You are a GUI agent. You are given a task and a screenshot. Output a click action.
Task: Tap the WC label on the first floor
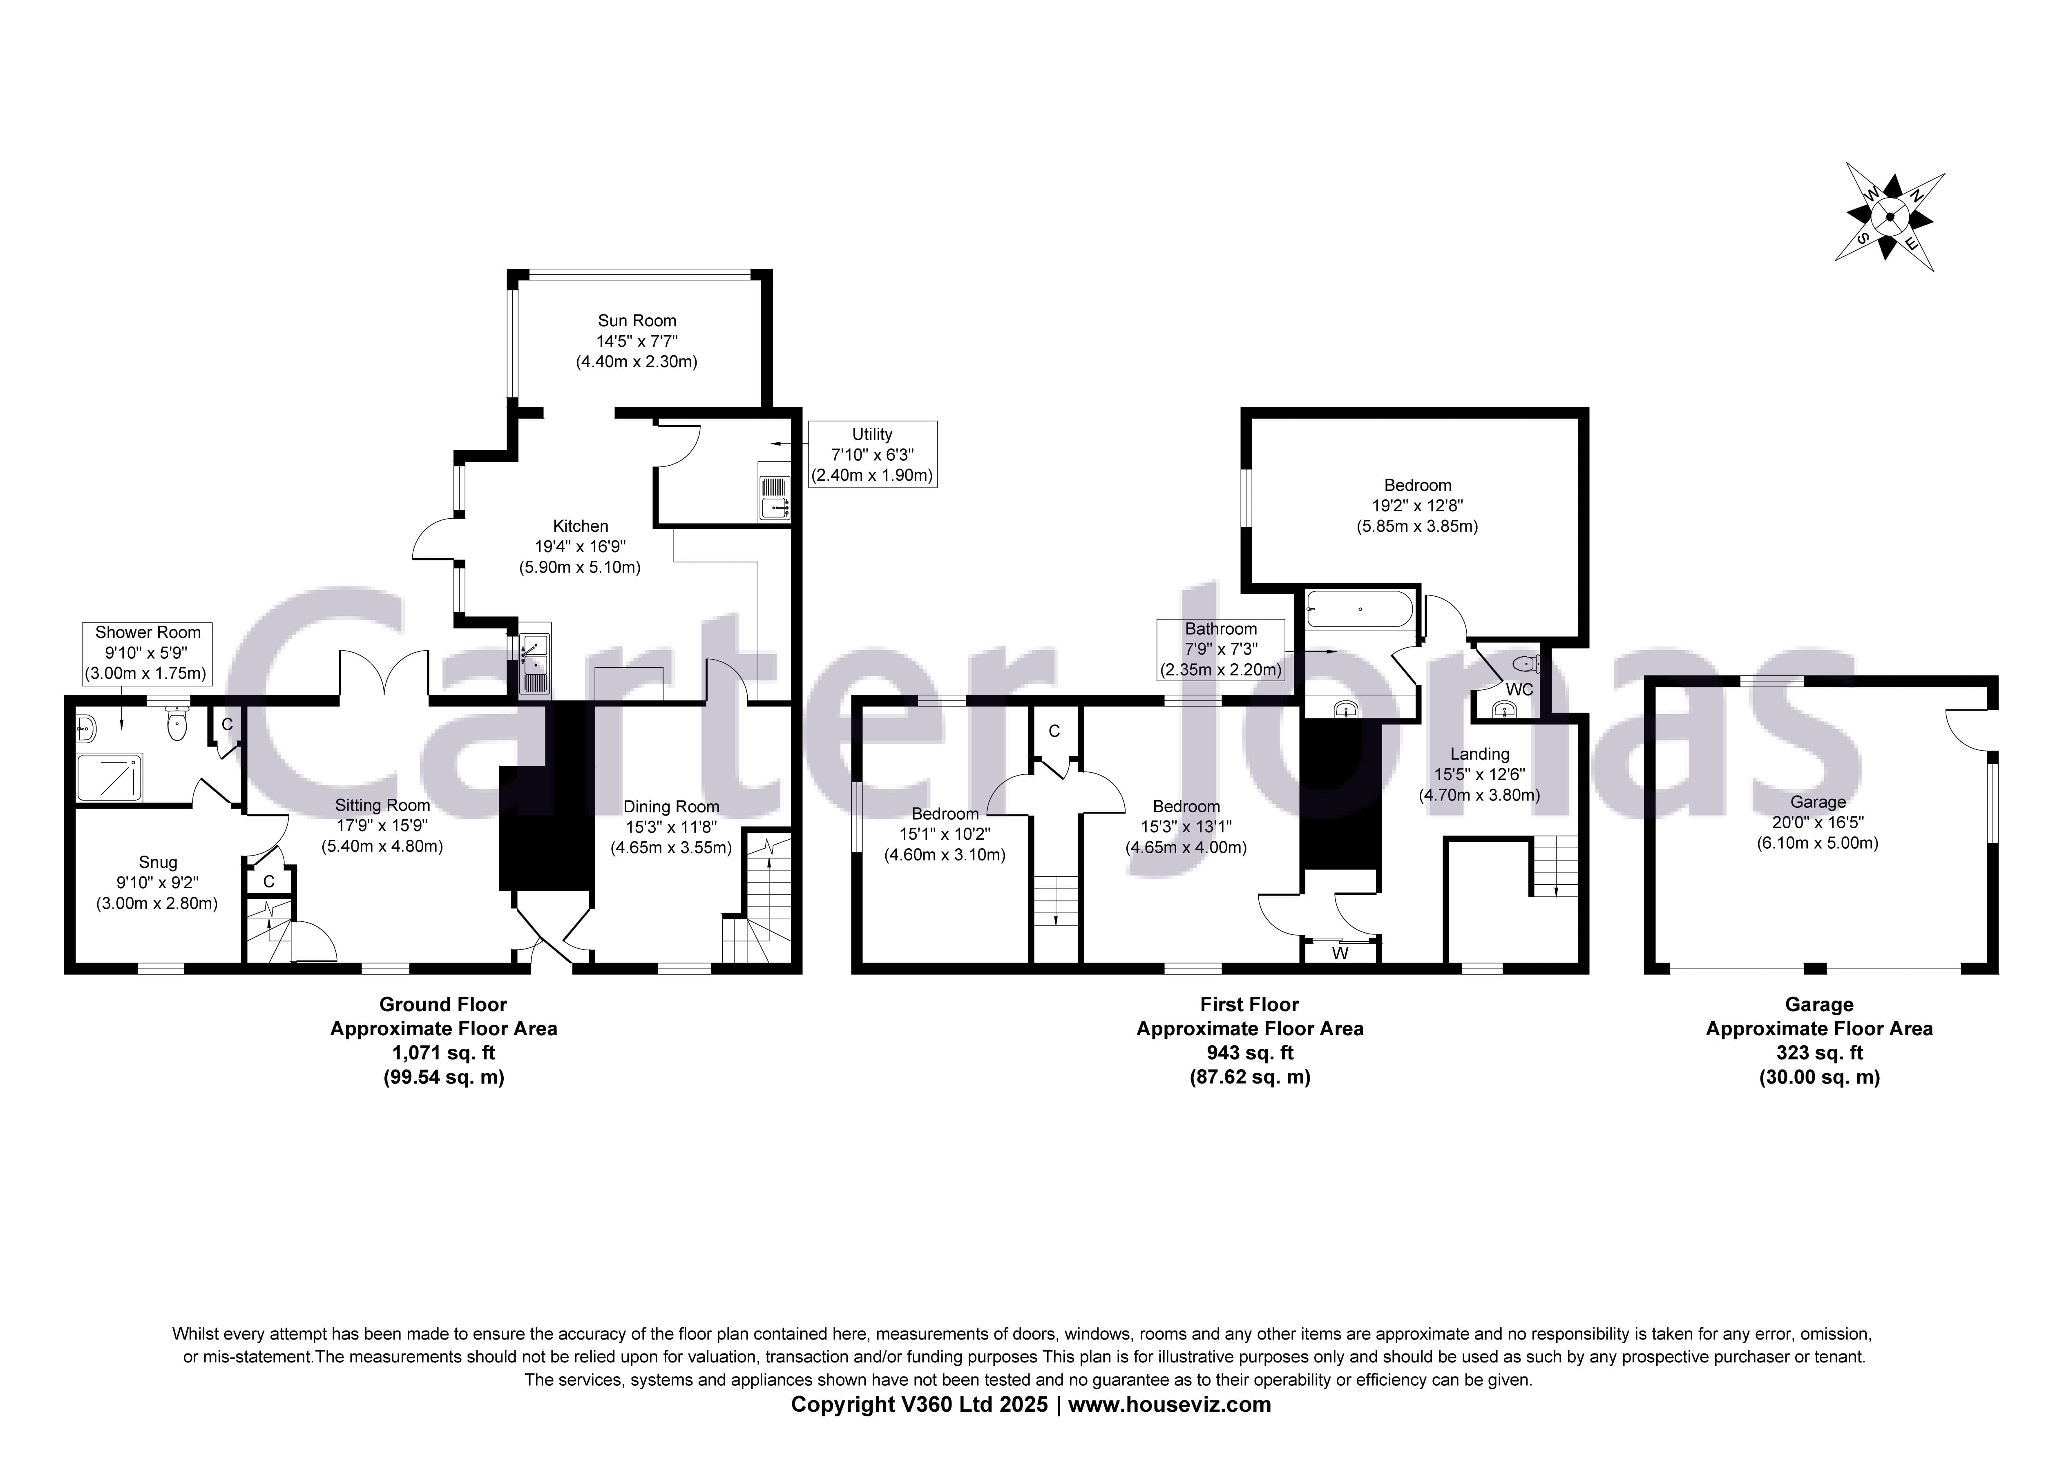point(1519,689)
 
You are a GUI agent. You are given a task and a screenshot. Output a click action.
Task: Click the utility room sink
point(774,497)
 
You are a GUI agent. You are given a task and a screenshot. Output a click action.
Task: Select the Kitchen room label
point(580,526)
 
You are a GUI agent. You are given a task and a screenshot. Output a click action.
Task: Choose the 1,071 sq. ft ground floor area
point(443,1052)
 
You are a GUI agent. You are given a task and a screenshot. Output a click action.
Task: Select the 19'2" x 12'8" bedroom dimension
point(1417,505)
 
